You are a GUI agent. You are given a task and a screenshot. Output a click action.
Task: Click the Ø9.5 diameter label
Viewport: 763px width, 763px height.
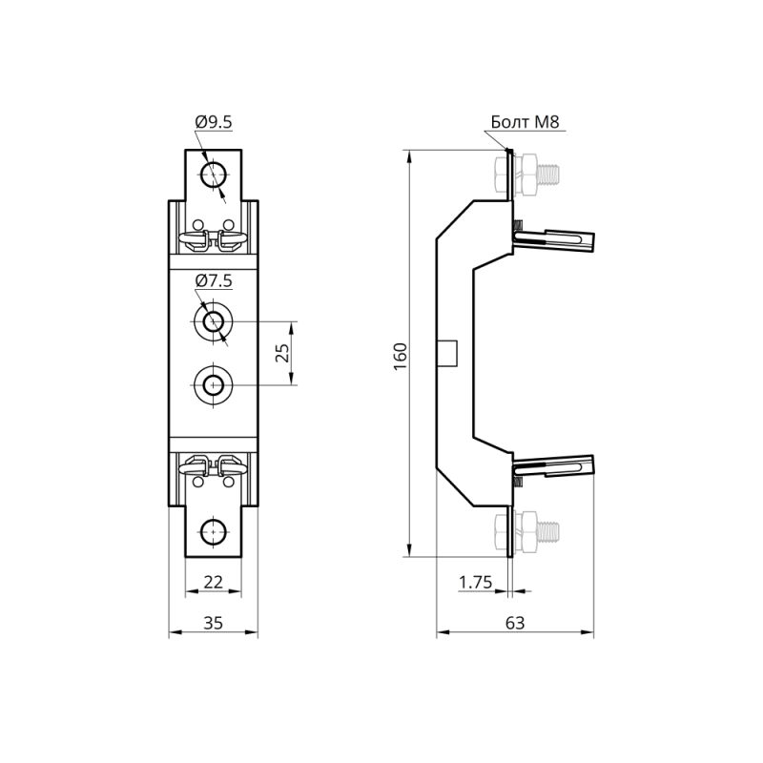pyautogui.click(x=214, y=122)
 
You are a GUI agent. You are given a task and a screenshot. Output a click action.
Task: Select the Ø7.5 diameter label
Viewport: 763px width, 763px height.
pyautogui.click(x=214, y=280)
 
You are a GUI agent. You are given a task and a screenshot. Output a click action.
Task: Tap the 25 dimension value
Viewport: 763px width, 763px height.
pyautogui.click(x=282, y=353)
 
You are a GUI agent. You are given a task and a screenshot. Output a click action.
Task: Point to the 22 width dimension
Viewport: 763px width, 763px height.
pyautogui.click(x=213, y=582)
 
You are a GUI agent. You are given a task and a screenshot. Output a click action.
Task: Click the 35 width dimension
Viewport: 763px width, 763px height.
pyautogui.click(x=213, y=623)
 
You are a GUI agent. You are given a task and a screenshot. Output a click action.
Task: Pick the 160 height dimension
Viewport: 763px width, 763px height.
pyautogui.click(x=400, y=356)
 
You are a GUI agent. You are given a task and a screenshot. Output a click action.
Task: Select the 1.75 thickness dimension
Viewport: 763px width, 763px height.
pyautogui.click(x=475, y=582)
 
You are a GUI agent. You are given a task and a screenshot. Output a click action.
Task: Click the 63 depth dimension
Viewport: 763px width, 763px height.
pyautogui.click(x=515, y=623)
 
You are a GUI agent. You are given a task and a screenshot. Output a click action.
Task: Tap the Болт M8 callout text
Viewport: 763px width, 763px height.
pyautogui.click(x=526, y=122)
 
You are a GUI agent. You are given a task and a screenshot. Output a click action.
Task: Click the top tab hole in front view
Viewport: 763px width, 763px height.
pyautogui.click(x=213, y=175)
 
